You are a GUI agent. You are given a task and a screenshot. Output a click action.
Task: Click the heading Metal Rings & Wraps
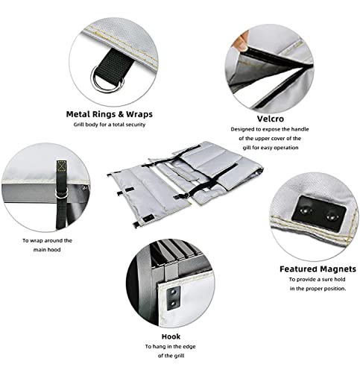(x=110, y=114)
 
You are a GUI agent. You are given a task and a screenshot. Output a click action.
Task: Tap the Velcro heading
(x=270, y=119)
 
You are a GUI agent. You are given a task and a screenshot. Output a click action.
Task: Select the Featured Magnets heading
(x=318, y=269)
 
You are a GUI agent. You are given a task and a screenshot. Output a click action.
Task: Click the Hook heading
(x=171, y=336)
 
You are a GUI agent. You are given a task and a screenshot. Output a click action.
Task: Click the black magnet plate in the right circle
(x=319, y=213)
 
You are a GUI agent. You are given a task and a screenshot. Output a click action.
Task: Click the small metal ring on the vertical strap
(x=61, y=192)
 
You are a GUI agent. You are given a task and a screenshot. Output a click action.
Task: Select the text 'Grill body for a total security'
(x=110, y=125)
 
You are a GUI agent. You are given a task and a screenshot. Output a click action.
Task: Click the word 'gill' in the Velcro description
(x=246, y=148)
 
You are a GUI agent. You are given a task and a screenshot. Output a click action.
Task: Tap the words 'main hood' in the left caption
(x=47, y=249)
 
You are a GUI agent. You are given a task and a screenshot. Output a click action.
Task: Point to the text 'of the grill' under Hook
(x=171, y=356)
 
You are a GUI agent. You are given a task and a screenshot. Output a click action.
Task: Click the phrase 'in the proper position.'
(x=318, y=289)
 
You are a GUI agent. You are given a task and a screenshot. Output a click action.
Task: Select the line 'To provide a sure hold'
(x=317, y=279)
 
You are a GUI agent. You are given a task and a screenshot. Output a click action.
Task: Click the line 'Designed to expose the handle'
(x=270, y=129)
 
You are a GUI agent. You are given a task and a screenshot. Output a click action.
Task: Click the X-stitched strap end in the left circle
(x=61, y=166)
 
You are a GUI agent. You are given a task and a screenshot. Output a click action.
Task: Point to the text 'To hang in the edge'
(x=171, y=346)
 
